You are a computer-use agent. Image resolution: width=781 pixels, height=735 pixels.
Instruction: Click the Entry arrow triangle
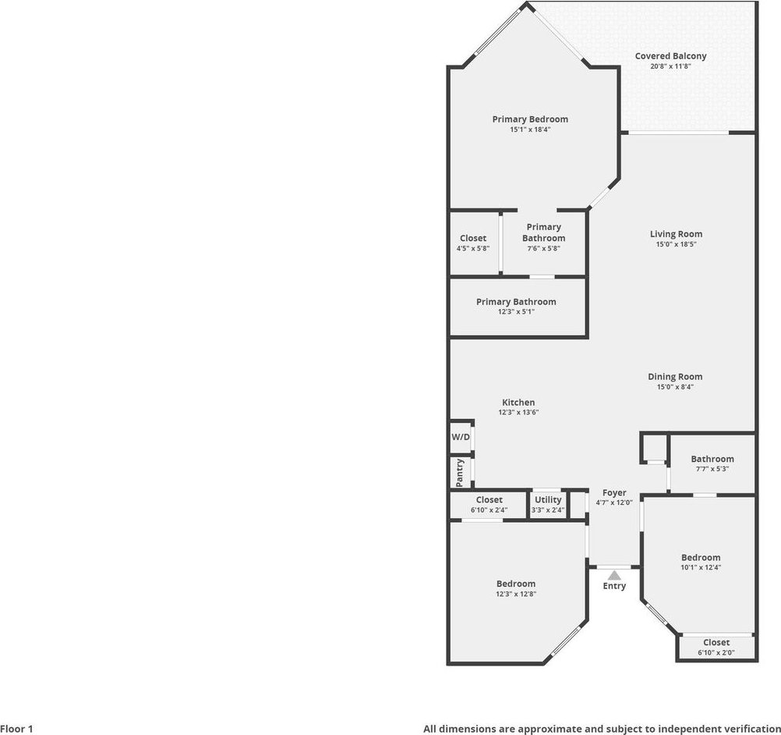pos(614,575)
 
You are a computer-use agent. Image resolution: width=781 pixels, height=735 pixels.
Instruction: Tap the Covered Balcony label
pos(670,56)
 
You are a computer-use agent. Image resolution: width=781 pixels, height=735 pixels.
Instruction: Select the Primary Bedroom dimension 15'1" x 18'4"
pos(530,130)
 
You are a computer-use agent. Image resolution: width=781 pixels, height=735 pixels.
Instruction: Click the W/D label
pos(461,437)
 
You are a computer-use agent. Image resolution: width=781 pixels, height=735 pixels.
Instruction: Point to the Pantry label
pos(459,473)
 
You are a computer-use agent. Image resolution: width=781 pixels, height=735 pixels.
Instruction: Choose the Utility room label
pos(548,499)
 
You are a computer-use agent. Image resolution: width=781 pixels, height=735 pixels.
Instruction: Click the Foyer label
pos(614,492)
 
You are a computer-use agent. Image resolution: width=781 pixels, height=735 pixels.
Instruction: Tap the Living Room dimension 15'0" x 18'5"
pos(676,244)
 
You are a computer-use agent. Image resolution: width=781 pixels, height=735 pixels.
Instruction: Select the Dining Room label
pos(675,377)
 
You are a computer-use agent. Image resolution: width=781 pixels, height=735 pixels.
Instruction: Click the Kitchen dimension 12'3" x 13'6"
pos(518,413)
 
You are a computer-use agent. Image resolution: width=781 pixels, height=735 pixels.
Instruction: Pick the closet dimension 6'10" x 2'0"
pos(716,653)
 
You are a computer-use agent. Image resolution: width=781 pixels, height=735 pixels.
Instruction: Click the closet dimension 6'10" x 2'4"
pos(489,510)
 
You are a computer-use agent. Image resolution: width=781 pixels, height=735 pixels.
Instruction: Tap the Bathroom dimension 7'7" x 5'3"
pos(712,469)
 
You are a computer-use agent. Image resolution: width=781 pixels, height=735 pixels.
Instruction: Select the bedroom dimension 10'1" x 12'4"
pos(701,567)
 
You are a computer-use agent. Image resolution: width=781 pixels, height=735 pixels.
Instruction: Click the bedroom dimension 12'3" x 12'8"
pos(516,594)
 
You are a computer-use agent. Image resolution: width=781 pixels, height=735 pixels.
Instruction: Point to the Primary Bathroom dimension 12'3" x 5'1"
pos(516,312)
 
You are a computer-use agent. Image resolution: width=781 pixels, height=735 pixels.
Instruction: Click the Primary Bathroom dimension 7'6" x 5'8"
pos(544,248)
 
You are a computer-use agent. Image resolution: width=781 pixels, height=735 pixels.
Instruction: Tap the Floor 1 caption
pos(16,729)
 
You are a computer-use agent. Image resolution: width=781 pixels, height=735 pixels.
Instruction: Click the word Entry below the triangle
pos(614,586)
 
